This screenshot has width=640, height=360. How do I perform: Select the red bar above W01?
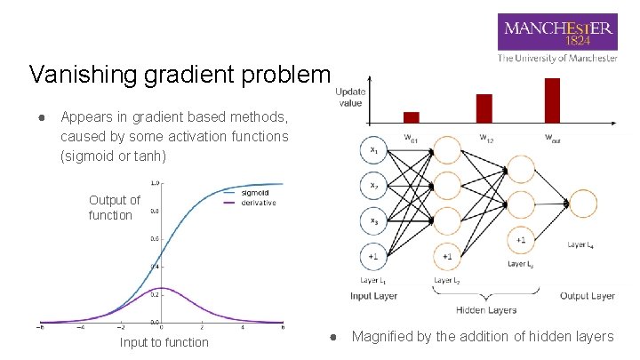coord(411,116)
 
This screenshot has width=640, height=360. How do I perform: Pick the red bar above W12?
coord(484,108)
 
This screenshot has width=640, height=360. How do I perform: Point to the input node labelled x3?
coord(373,220)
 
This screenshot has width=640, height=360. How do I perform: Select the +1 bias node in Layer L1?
coord(373,256)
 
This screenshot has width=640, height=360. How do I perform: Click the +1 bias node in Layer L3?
coord(519,241)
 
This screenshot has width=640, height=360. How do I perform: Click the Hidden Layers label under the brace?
coord(485,310)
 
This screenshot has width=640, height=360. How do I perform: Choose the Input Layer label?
coord(373,296)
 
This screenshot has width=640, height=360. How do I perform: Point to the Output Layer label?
coord(587,296)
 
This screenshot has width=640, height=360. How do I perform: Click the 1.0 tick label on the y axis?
coord(155,183)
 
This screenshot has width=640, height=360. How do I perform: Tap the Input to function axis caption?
coord(164,342)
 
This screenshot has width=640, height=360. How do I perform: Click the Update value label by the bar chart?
coord(349,98)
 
